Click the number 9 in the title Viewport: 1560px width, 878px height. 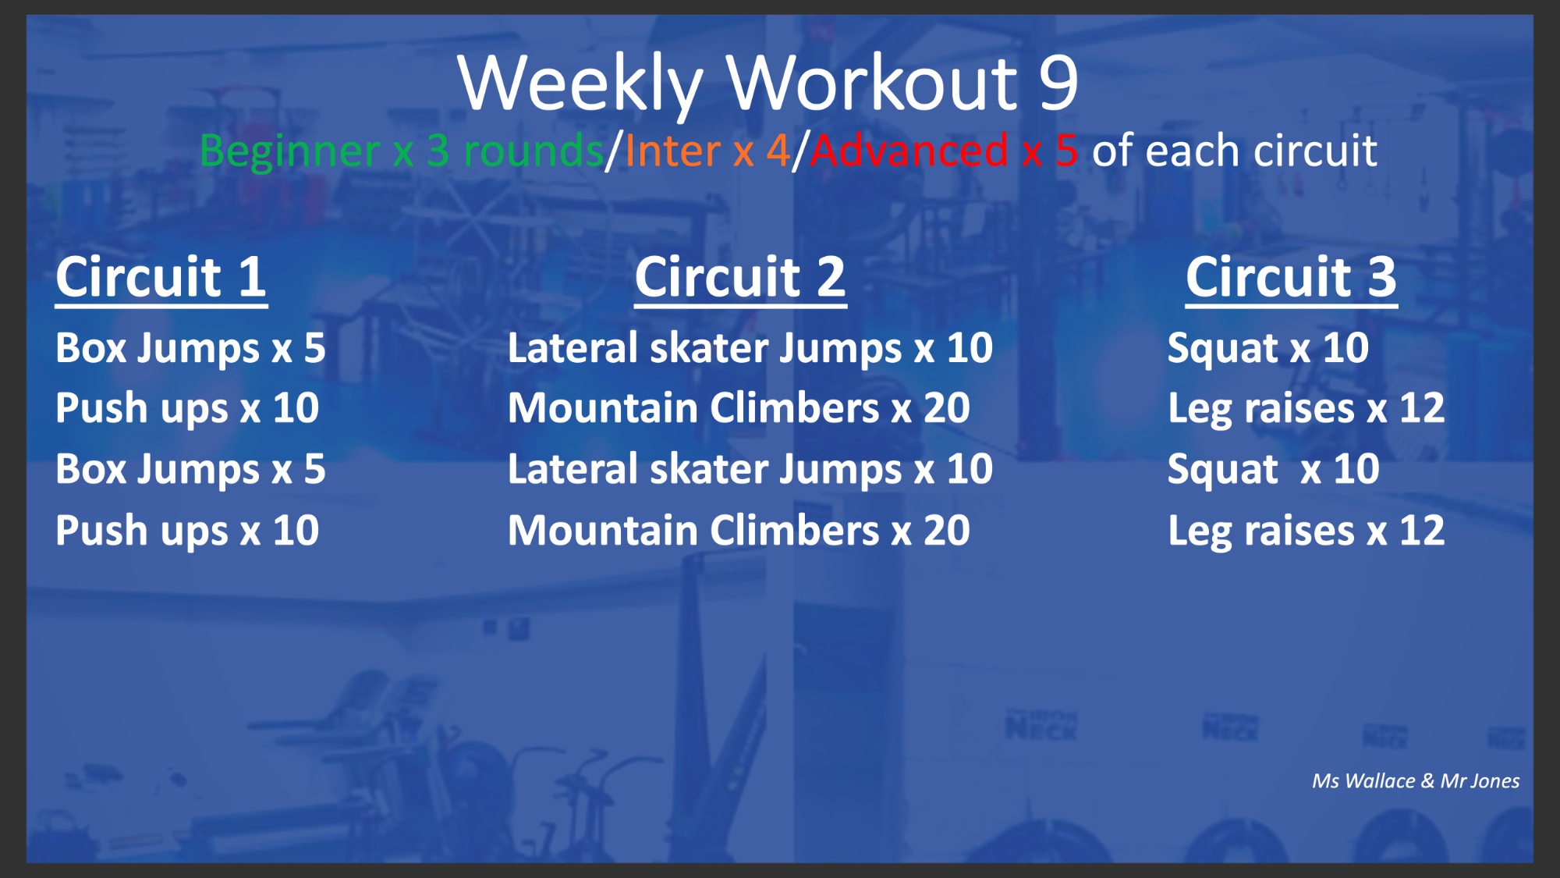tap(1058, 82)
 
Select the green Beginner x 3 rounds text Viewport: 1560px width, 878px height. tap(402, 151)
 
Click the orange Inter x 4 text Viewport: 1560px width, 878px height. tap(707, 151)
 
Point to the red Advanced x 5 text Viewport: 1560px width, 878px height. tap(945, 151)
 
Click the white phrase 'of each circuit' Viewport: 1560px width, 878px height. tap(1234, 151)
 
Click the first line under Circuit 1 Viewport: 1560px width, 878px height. tap(190, 348)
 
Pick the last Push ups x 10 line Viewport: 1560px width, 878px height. tap(187, 531)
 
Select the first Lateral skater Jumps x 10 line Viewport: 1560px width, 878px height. tap(750, 348)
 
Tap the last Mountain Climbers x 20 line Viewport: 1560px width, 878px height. tap(739, 531)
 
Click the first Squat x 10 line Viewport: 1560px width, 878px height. tap(1268, 348)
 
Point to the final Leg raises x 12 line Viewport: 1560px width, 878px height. tap(1306, 531)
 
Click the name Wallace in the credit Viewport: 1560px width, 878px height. tap(1380, 781)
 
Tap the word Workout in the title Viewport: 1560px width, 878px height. tap(873, 83)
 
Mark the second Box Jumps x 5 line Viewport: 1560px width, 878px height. tap(190, 470)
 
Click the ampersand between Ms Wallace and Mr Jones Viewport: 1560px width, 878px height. tap(1427, 781)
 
